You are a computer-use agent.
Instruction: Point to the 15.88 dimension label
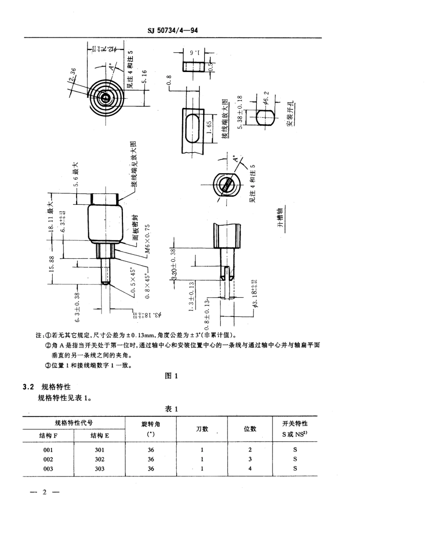pyautogui.click(x=52, y=264)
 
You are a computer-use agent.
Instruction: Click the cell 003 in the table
pyautogui.click(x=49, y=469)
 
